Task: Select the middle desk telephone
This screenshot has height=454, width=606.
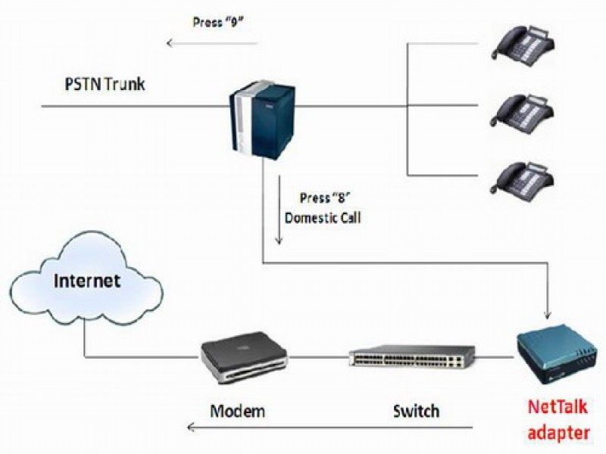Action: click(523, 110)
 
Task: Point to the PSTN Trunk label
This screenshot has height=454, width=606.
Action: click(105, 82)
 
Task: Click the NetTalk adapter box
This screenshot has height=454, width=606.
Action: click(556, 355)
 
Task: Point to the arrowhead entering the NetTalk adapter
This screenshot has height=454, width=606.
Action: click(548, 313)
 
